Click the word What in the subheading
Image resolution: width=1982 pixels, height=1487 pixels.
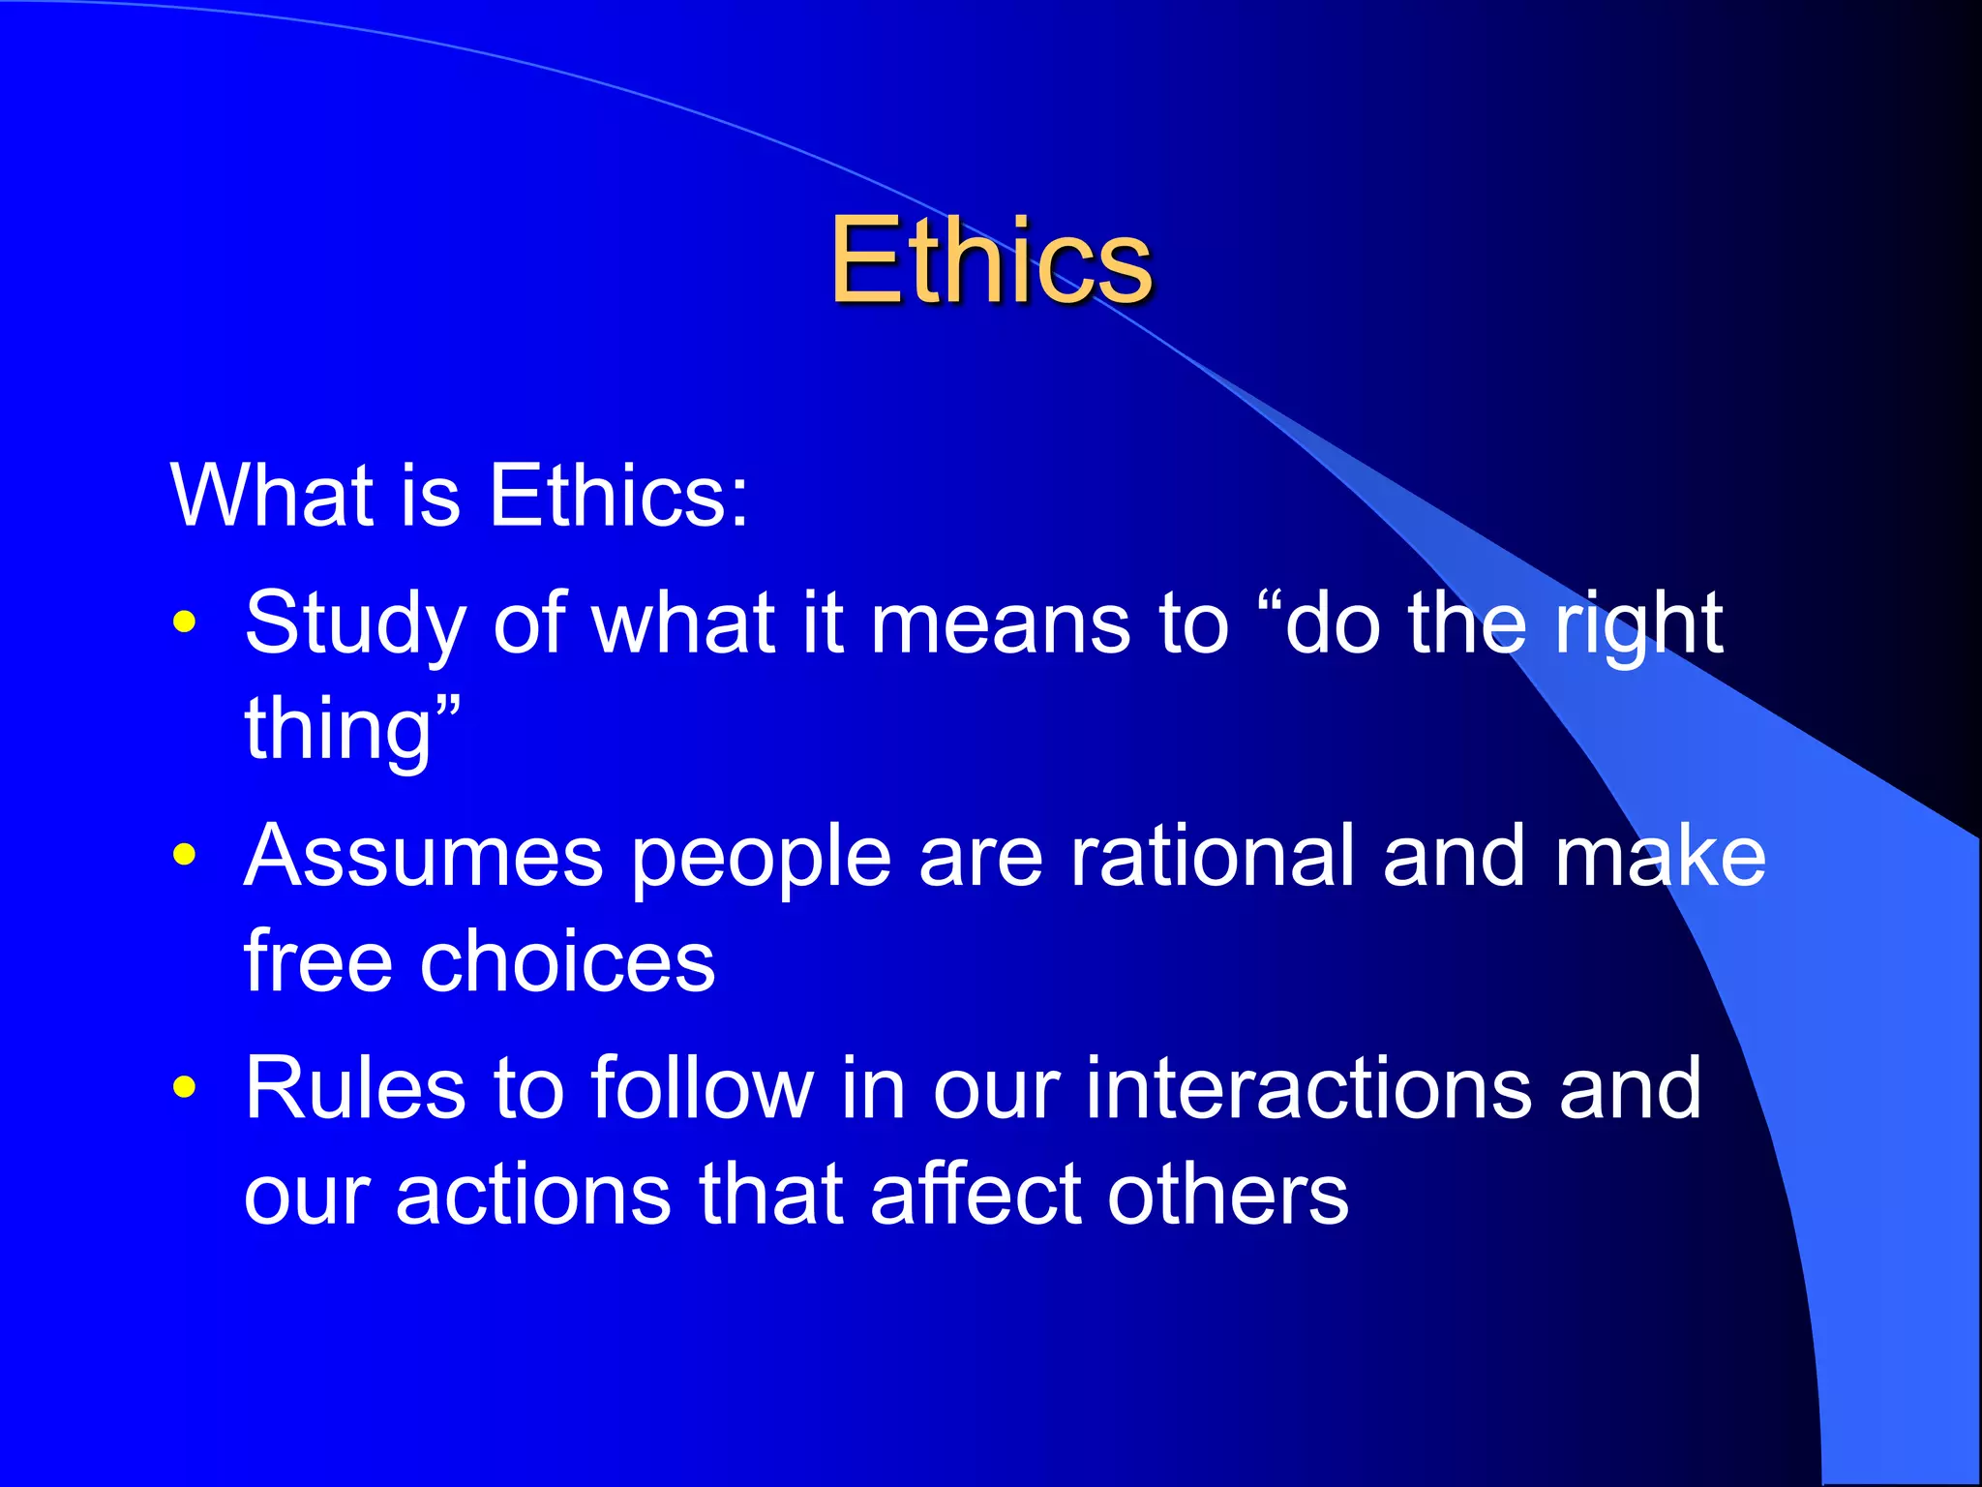point(272,496)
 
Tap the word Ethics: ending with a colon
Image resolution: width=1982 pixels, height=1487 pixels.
point(618,496)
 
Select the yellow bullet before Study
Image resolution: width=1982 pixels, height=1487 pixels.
point(184,622)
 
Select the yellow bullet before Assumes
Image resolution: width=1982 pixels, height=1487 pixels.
point(184,855)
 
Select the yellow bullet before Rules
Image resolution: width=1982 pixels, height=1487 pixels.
point(184,1087)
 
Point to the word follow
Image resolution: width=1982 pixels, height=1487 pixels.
point(703,1089)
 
